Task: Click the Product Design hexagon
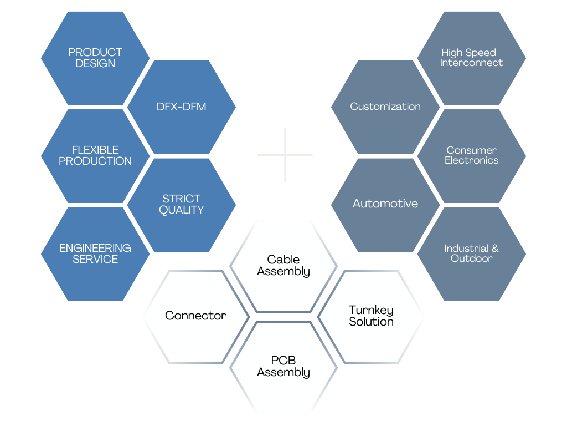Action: [95, 58]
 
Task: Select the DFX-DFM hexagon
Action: [182, 106]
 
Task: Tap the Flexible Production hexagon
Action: [95, 155]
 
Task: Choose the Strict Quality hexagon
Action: [182, 204]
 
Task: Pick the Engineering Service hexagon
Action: [95, 253]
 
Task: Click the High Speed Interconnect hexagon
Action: [471, 58]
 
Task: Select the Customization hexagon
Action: [385, 106]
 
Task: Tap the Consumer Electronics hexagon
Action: [471, 155]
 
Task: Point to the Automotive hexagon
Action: [385, 204]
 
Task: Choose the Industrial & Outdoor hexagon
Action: [471, 253]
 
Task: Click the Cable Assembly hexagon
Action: [283, 266]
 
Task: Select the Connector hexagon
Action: [195, 316]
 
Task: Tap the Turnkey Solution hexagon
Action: [371, 316]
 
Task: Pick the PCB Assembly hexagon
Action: [283, 367]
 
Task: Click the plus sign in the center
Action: [285, 155]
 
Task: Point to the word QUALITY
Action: [182, 210]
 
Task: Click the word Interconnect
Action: [471, 63]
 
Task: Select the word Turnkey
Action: [371, 310]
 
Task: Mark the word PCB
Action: [283, 361]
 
